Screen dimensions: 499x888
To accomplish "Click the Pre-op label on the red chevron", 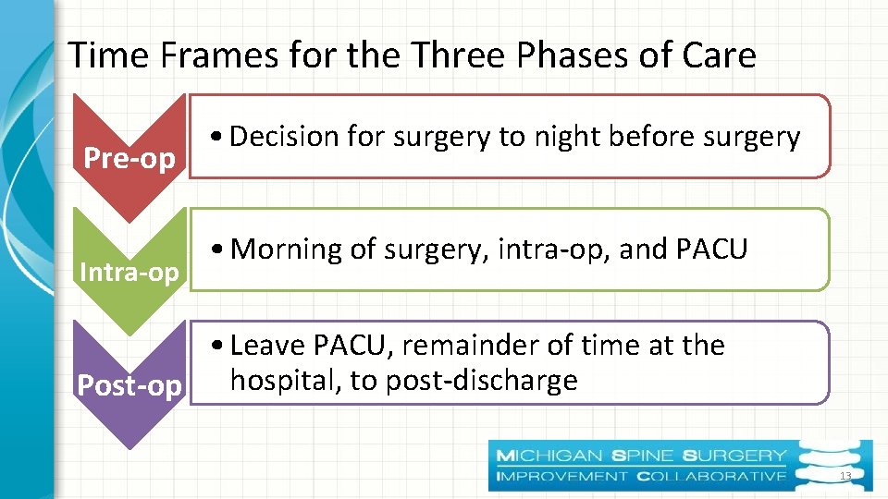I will pos(129,158).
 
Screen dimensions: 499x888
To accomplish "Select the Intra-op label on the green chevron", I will pos(129,273).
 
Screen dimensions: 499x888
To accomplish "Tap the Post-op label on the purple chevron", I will pos(129,385).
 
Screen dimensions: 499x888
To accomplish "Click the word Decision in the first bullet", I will pos(284,137).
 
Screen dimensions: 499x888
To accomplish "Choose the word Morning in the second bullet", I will pos(286,249).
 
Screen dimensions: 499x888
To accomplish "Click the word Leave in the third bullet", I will pos(268,345).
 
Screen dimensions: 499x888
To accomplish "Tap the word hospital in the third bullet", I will pos(284,380).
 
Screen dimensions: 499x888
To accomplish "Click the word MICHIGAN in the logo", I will pos(549,456).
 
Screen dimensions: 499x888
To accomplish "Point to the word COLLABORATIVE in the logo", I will pos(710,476).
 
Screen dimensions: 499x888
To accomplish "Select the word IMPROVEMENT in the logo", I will pos(562,476).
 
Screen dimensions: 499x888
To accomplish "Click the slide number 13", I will pos(844,476).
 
